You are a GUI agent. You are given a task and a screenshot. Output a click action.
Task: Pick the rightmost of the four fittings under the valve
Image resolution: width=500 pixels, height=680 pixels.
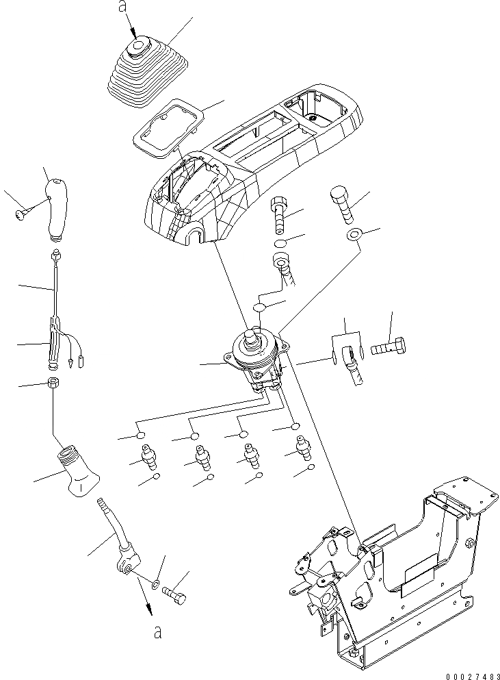300,449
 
